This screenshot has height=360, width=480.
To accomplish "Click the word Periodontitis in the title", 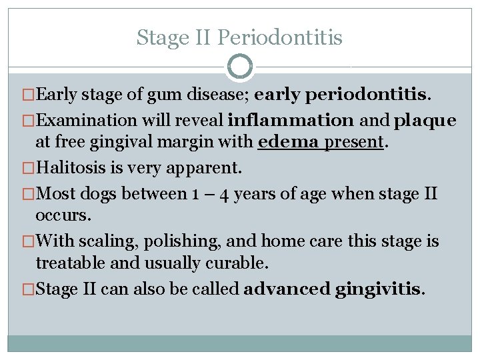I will (x=280, y=37).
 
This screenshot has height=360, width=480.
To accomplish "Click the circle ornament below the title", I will (x=240, y=67).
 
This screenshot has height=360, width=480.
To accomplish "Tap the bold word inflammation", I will (x=291, y=121).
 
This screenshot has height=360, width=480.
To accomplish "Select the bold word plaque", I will (x=425, y=121).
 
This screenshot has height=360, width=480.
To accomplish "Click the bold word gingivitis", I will (x=381, y=289).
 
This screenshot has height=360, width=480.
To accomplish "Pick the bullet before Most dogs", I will (x=29, y=195).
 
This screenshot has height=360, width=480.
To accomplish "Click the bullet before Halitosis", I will (x=29, y=167).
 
